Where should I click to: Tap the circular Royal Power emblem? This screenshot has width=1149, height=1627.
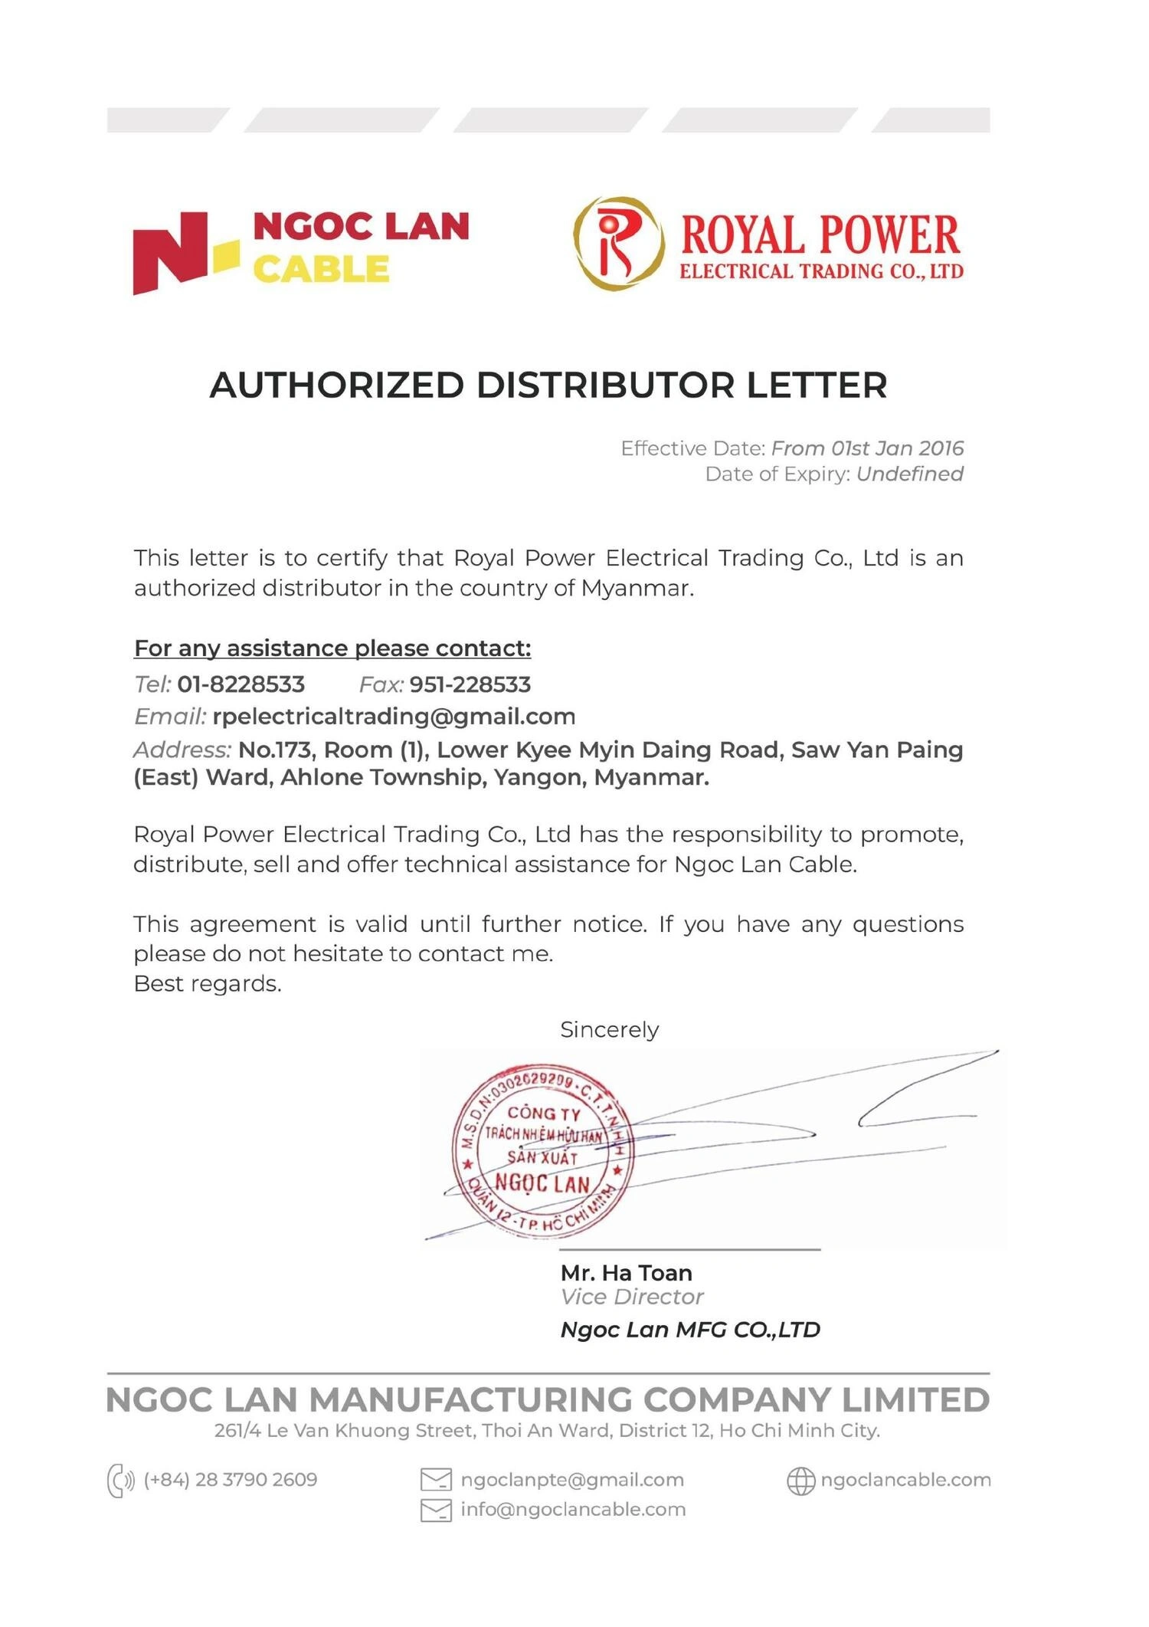click(618, 243)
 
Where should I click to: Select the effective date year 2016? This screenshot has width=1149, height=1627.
click(941, 448)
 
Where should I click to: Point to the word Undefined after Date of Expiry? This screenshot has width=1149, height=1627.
click(909, 474)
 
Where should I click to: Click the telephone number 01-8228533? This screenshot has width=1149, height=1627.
click(241, 684)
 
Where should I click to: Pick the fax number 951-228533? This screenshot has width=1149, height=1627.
click(470, 684)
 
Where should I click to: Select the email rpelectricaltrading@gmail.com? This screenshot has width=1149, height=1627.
click(394, 717)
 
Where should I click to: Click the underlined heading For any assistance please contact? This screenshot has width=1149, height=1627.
click(332, 648)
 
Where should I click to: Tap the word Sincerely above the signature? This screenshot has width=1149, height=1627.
click(609, 1030)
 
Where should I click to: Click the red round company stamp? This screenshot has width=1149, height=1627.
click(543, 1150)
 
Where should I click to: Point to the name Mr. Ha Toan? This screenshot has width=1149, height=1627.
click(626, 1273)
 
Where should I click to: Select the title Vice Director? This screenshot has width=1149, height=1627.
click(631, 1297)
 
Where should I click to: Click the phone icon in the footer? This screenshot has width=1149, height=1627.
click(120, 1480)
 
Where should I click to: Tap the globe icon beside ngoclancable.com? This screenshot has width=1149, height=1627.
click(800, 1481)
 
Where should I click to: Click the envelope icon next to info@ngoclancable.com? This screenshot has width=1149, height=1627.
click(436, 1510)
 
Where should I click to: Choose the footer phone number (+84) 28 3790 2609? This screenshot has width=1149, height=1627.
click(231, 1480)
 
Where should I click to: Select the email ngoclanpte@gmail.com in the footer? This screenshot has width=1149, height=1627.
click(571, 1480)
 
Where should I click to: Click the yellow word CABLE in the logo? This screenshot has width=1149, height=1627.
click(321, 270)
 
